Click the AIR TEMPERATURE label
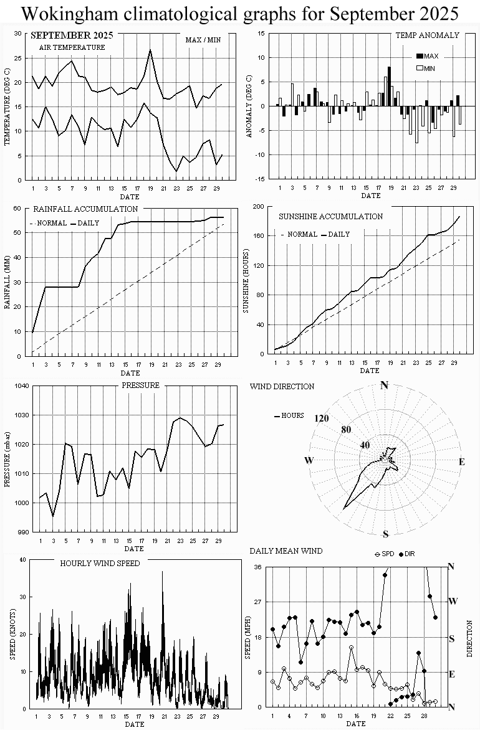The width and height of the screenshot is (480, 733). (72, 47)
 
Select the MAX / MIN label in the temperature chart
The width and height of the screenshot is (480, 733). (203, 40)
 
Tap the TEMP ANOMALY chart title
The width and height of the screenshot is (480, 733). (427, 35)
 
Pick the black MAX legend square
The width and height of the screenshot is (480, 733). (419, 56)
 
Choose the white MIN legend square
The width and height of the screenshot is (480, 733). (419, 68)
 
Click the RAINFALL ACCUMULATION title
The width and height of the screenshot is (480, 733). (85, 209)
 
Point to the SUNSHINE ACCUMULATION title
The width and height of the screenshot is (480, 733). (330, 217)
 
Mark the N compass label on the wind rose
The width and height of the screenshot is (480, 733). (384, 385)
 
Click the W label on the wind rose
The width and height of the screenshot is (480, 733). (308, 460)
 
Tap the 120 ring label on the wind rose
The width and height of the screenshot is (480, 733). (322, 419)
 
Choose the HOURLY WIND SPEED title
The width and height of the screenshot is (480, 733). (100, 563)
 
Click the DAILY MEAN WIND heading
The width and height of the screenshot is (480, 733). (286, 551)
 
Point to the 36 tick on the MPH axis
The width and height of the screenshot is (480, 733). (257, 567)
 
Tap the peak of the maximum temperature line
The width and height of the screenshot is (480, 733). (150, 50)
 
